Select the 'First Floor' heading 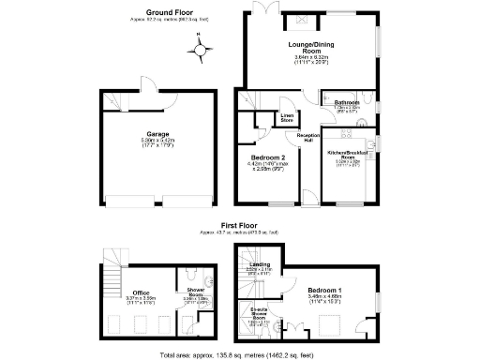click(x=240, y=226)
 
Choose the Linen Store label click(x=287, y=118)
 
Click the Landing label click(x=262, y=265)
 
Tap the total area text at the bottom click(x=239, y=355)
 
